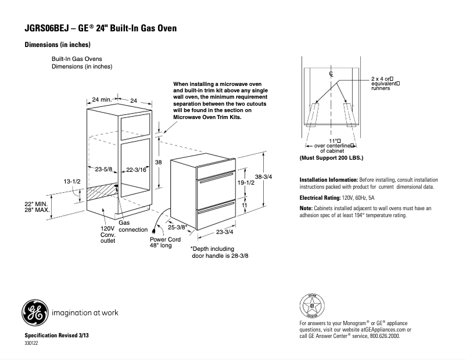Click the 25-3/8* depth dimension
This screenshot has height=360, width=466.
click(177, 227)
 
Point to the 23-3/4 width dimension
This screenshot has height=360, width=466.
click(225, 232)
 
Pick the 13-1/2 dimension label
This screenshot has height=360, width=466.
click(71, 182)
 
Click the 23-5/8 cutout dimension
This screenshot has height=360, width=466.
click(103, 170)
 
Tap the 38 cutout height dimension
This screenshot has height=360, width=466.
click(157, 163)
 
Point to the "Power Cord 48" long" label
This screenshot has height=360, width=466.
click(166, 242)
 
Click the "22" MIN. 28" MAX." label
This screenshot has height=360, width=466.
click(35, 206)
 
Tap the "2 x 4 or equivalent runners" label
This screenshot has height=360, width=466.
click(384, 85)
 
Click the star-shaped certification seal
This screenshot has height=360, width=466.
click(312, 305)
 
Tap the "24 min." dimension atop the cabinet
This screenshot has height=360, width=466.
click(101, 100)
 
